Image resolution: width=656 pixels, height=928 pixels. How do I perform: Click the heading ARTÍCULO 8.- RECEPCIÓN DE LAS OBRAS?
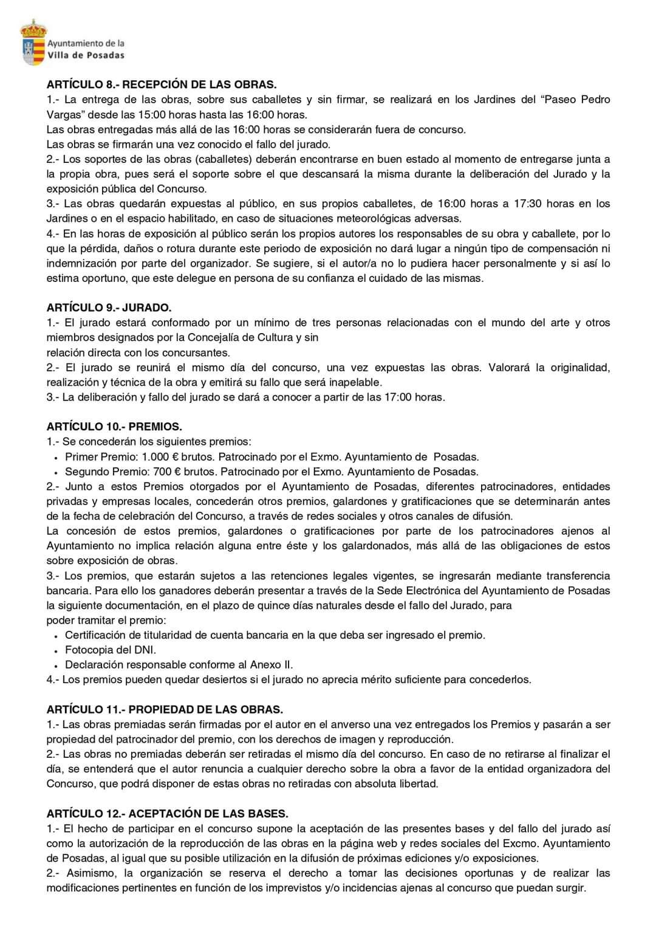(x=162, y=84)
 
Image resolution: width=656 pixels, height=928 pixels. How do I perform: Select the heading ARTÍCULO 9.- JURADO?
(x=109, y=308)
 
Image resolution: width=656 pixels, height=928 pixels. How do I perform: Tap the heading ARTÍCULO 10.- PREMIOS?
(x=114, y=427)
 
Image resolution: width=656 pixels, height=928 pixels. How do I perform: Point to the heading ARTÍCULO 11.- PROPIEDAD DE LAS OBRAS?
(x=165, y=709)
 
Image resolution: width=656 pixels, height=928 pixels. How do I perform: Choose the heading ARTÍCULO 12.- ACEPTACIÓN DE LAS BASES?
(x=167, y=813)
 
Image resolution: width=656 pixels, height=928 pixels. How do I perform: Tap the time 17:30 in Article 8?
(x=525, y=204)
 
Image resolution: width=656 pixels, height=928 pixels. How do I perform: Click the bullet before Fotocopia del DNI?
(x=56, y=651)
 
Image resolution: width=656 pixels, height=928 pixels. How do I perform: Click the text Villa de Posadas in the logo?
(x=86, y=55)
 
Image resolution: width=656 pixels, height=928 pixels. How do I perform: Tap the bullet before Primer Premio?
(x=56, y=458)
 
